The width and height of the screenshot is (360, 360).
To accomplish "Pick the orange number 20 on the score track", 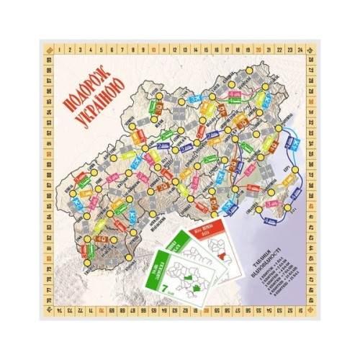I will tap(257, 50).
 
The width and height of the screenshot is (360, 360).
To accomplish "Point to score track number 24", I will tap(298, 50).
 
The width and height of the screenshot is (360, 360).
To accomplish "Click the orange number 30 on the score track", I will tap(310, 102).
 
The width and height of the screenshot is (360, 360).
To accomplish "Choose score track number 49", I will tap(310, 298).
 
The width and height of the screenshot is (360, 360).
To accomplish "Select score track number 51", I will tap(298, 311).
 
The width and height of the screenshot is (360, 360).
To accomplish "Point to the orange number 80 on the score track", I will tap(48, 258).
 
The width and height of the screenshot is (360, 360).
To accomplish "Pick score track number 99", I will tap(48, 61).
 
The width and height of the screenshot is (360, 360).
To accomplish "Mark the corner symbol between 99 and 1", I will tap(48, 50).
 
